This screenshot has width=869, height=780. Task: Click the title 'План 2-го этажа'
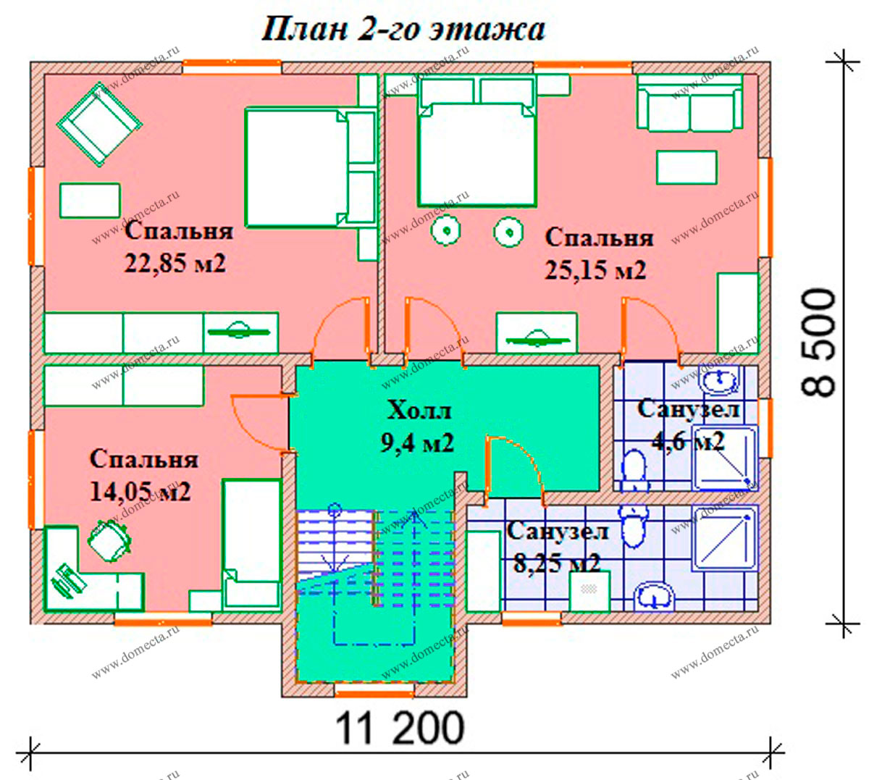pyautogui.click(x=403, y=30)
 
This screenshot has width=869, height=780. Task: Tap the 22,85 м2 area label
pyautogui.click(x=175, y=263)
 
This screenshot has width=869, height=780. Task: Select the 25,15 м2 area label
pyautogui.click(x=595, y=270)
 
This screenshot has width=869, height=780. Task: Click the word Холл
pyautogui.click(x=419, y=410)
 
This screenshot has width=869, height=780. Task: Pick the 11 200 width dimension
pyautogui.click(x=399, y=728)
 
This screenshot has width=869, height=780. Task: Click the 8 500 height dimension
pyautogui.click(x=818, y=343)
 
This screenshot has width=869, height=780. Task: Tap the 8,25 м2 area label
pyautogui.click(x=557, y=563)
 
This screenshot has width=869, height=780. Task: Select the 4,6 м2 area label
pyautogui.click(x=688, y=440)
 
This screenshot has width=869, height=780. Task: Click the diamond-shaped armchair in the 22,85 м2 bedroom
pyautogui.click(x=99, y=124)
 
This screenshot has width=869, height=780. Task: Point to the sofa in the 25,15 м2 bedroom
pyautogui.click(x=689, y=102)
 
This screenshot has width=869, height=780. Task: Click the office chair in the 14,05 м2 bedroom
pyautogui.click(x=109, y=540)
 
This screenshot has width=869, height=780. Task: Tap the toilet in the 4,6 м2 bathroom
pyautogui.click(x=634, y=471)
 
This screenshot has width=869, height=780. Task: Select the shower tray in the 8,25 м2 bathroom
pyautogui.click(x=725, y=537)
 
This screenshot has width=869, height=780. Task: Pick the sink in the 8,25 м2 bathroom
pyautogui.click(x=654, y=596)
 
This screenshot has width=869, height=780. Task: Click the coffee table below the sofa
pyautogui.click(x=687, y=167)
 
